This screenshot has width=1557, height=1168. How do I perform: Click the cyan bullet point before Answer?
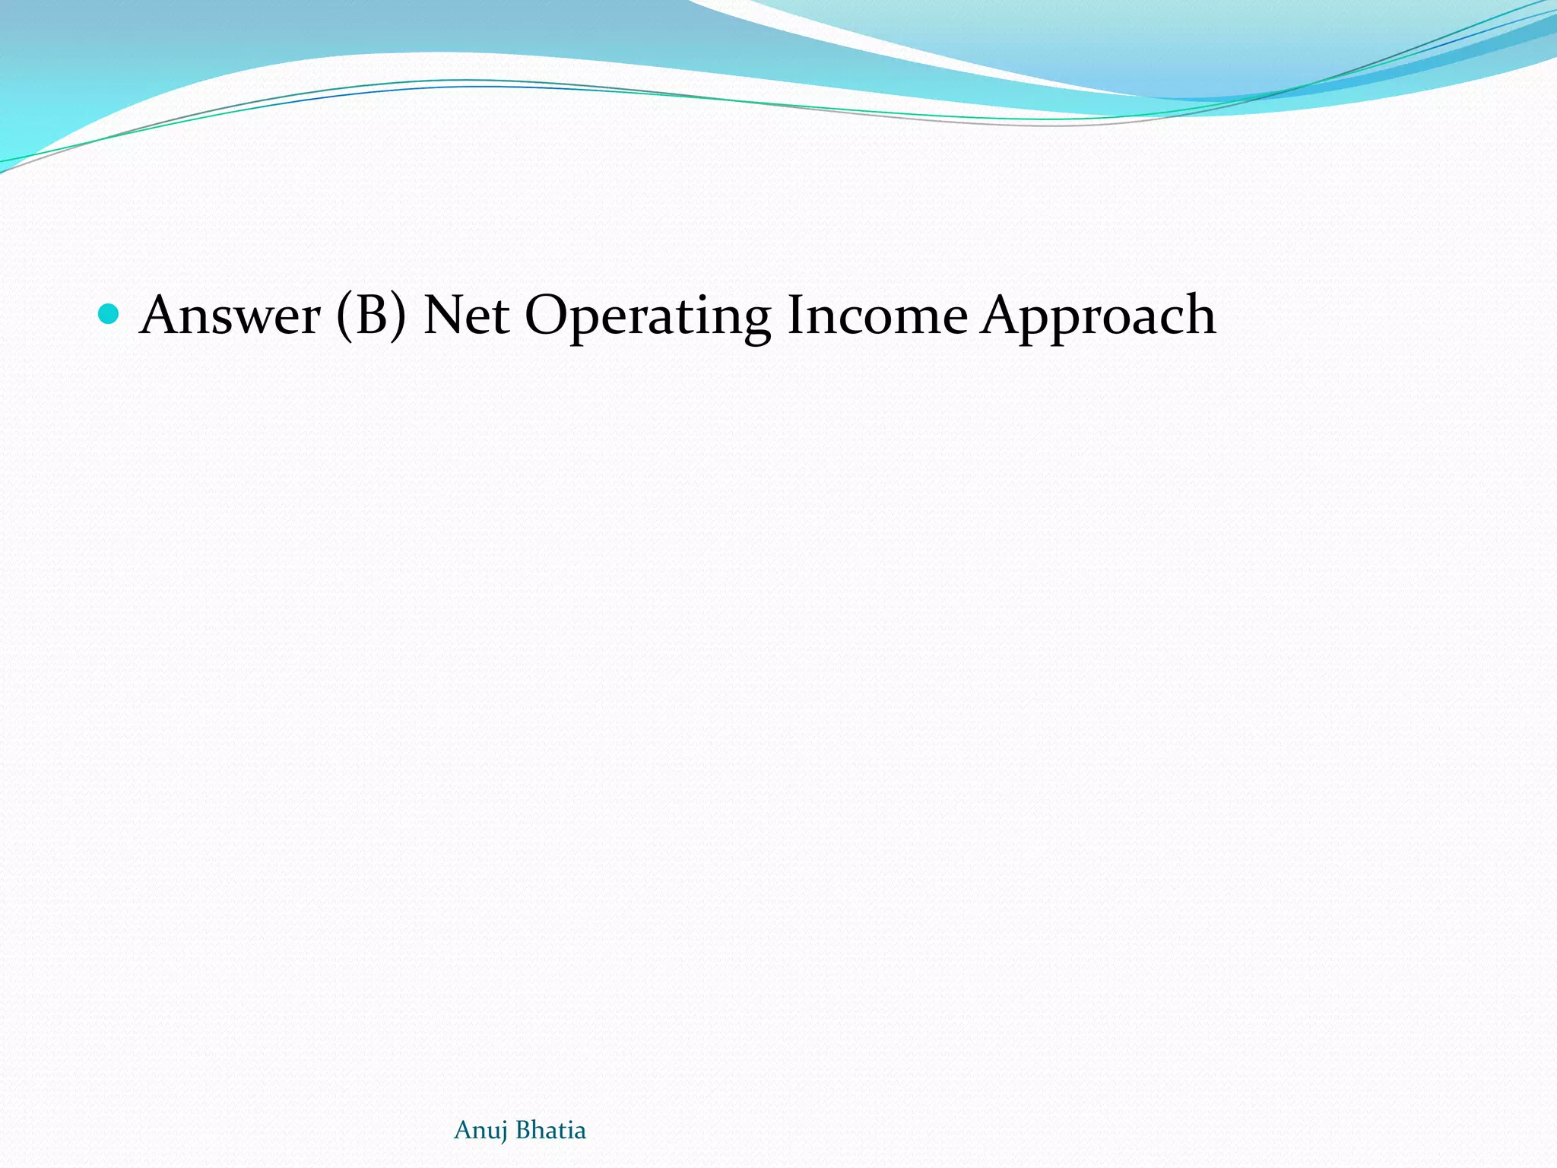pos(109,314)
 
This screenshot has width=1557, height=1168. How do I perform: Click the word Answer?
pos(230,316)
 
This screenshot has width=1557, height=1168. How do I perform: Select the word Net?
pos(466,316)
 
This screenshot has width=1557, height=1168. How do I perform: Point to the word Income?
pos(877,316)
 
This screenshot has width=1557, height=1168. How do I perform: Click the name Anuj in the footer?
pos(480,1131)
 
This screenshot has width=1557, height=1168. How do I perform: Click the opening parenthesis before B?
pos(344,316)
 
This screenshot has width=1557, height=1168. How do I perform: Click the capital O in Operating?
pos(546,315)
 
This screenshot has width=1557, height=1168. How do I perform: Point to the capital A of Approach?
pos(1002,315)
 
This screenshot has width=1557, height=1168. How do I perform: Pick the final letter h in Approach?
pos(1197,315)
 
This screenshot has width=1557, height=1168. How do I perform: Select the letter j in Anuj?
pos(504,1133)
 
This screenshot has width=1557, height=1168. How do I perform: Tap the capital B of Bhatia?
pos(523,1130)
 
